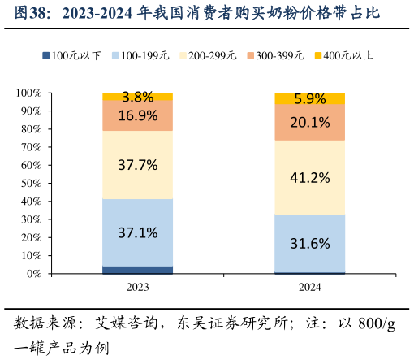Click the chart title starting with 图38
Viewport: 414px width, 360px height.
[x=199, y=14]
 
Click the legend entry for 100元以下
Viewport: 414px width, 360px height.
[x=71, y=56]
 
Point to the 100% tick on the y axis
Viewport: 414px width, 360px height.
[x=28, y=93]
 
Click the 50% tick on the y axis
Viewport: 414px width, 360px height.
[x=31, y=183]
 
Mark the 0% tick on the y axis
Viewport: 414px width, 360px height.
[x=33, y=274]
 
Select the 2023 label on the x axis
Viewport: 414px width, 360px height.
[x=137, y=288]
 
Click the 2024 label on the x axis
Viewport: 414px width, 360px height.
[x=309, y=288]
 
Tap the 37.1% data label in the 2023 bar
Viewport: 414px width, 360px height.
[x=137, y=232]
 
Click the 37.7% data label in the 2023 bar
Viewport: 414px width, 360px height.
[x=137, y=165]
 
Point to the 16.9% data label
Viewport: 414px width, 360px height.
[x=137, y=115]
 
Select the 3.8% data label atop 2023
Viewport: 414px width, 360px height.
[x=137, y=97]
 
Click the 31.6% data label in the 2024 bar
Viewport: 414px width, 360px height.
[x=309, y=243]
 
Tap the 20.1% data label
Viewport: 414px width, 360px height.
[x=309, y=123]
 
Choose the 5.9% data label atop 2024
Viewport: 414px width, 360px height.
[x=309, y=99]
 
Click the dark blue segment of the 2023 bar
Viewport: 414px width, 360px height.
[x=137, y=270]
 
